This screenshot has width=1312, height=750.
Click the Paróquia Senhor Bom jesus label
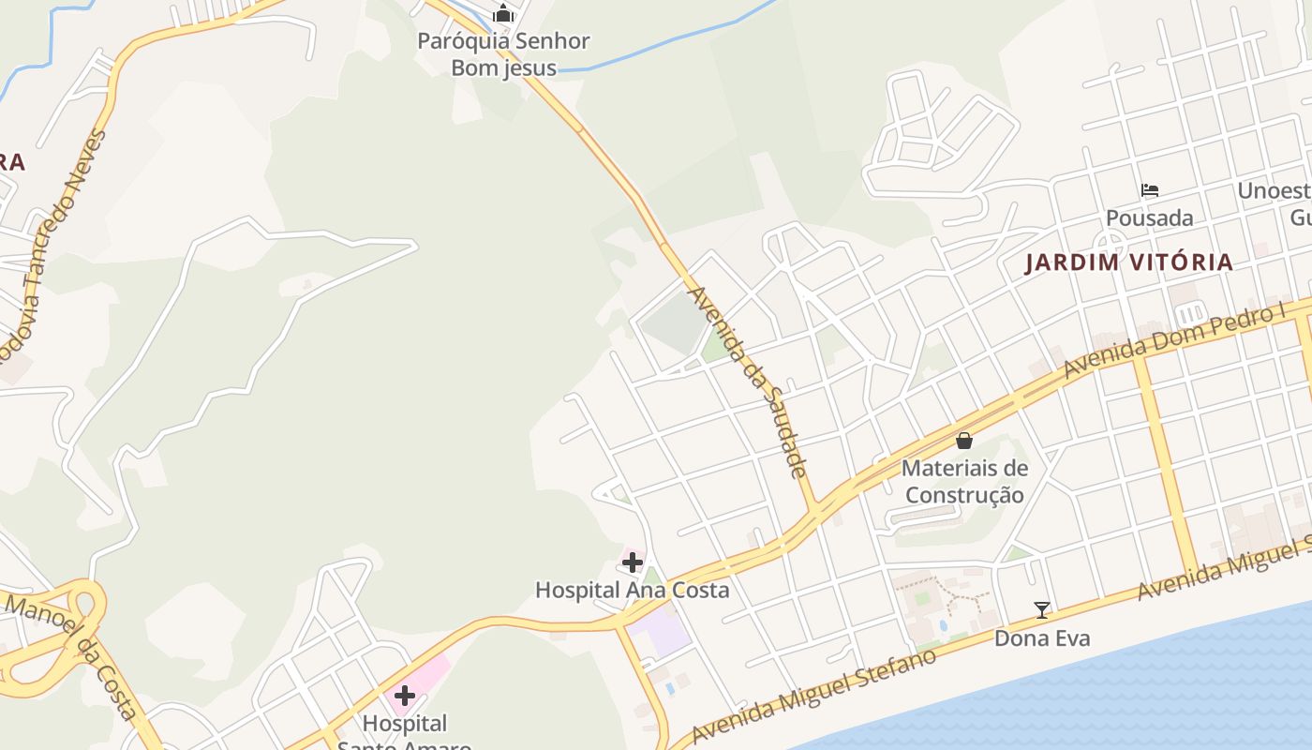point(503,54)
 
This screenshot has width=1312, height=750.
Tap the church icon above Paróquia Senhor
point(503,14)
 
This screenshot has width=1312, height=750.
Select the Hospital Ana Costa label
point(632,590)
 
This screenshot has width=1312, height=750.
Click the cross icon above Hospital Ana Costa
point(633,562)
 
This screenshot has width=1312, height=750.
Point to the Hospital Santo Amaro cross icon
point(405,696)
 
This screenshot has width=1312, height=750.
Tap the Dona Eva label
point(1042,638)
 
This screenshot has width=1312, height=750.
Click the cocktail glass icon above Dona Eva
point(1042,610)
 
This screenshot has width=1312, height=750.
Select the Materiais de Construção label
point(964,481)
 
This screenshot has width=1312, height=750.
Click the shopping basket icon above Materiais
point(964,441)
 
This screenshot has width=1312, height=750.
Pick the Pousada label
point(1150,218)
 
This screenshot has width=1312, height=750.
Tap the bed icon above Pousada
point(1150,190)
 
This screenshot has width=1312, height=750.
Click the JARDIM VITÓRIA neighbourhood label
point(1128,262)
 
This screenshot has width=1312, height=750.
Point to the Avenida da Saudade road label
point(748,382)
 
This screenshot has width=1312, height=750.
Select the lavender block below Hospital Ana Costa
point(663,633)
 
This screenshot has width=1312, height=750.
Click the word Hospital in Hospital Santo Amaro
point(405,724)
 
